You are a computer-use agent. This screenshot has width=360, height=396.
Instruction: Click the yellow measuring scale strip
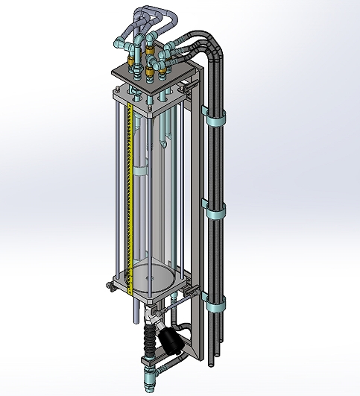[x=129, y=194]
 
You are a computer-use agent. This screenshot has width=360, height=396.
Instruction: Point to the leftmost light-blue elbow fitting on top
[x=121, y=44]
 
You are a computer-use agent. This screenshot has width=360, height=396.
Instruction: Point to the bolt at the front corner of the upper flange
[x=151, y=112]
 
